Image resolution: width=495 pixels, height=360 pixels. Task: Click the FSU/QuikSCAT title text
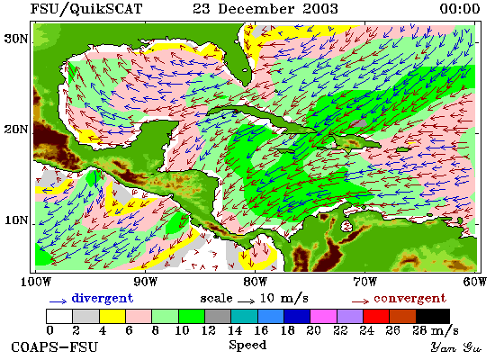86,8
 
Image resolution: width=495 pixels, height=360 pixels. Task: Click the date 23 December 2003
265,8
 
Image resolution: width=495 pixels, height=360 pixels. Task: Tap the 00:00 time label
460,8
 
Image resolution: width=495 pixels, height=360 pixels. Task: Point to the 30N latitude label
15,40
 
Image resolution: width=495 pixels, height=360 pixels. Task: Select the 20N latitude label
15,130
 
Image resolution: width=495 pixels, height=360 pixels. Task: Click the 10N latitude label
15,220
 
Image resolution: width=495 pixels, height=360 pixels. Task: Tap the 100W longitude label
36,282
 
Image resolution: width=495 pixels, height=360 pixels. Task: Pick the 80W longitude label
255,282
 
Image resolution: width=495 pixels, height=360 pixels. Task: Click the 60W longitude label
475,282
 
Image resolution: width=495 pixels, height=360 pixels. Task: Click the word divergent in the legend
103,298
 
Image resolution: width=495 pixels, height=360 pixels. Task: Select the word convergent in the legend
410,298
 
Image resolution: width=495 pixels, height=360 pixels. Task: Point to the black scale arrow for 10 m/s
246,301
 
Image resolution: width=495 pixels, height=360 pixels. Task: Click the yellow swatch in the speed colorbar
112,316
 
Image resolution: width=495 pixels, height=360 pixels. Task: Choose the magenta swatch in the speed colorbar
323,316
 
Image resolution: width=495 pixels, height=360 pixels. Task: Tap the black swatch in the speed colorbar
433,316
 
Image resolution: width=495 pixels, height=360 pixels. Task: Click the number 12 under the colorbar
209,330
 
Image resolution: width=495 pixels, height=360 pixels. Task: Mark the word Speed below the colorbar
247,346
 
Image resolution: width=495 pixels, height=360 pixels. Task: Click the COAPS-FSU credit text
54,347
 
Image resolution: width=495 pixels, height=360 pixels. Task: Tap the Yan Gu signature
456,347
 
